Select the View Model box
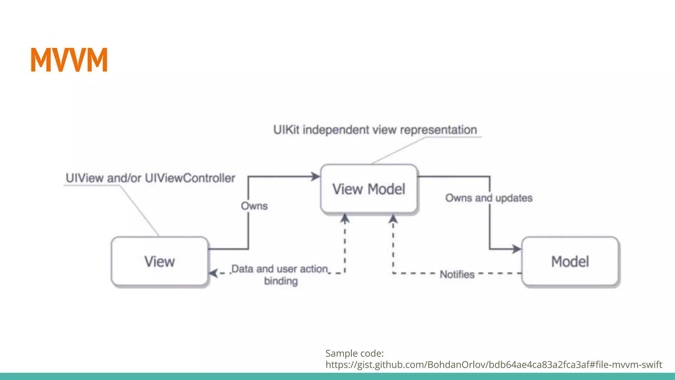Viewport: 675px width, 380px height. point(368,189)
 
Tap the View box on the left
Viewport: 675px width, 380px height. point(160,261)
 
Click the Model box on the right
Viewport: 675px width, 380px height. point(570,261)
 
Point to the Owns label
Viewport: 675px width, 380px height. point(254,206)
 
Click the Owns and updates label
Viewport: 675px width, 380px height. point(488,198)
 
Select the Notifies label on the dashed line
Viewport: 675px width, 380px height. point(457,274)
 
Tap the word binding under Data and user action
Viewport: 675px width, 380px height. point(281,281)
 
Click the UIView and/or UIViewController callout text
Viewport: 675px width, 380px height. point(150,178)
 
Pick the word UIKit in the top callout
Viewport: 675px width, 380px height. point(286,130)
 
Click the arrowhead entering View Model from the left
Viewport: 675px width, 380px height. point(315,176)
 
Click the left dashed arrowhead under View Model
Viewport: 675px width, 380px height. point(345,219)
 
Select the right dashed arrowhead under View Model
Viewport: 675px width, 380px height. point(393,219)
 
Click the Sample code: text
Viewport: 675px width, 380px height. point(354,353)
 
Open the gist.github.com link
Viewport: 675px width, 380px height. point(493,364)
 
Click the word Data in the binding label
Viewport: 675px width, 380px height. point(242,269)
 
